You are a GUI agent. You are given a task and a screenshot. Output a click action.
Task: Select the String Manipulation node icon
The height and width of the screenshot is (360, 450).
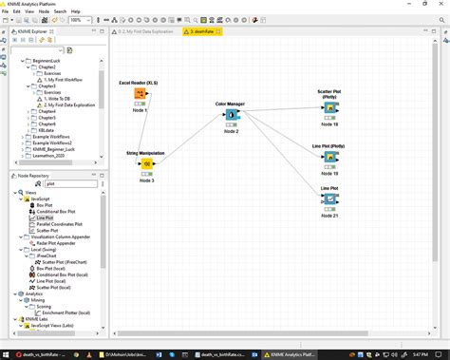click(147, 162)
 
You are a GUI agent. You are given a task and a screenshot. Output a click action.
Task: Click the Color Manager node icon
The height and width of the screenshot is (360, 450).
click(232, 115)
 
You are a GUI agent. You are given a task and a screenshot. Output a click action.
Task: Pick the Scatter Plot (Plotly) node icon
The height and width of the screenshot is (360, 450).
click(329, 107)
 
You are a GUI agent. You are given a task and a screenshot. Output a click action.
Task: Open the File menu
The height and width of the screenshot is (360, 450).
click(7, 11)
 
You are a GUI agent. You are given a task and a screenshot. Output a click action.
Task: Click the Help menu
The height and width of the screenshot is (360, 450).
click(75, 11)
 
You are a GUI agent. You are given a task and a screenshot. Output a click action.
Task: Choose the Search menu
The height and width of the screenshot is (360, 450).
click(58, 11)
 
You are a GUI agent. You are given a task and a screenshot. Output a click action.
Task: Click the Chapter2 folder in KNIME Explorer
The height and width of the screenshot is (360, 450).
click(47, 66)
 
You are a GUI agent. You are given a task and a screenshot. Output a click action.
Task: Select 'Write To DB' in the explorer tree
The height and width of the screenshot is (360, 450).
click(59, 98)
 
